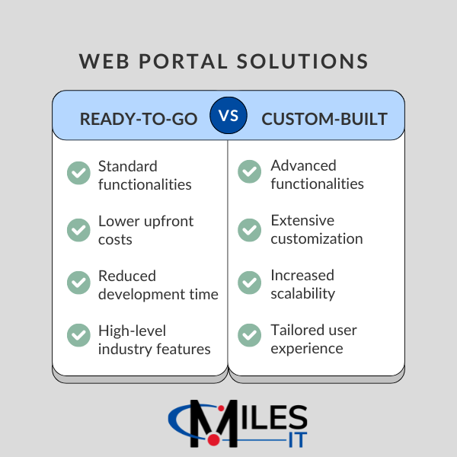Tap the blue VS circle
[x=228, y=116]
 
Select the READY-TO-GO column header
[x=139, y=120]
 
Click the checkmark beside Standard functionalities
[x=78, y=174]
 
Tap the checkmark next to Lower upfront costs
[x=78, y=229]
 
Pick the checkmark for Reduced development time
[x=78, y=283]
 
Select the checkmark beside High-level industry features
[x=78, y=337]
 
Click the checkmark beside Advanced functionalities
[x=249, y=172]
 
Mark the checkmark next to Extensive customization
[x=249, y=228]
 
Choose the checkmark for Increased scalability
[x=249, y=283]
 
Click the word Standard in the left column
[x=128, y=166]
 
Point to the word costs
[x=115, y=239]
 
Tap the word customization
[x=317, y=238]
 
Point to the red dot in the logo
[x=215, y=439]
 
